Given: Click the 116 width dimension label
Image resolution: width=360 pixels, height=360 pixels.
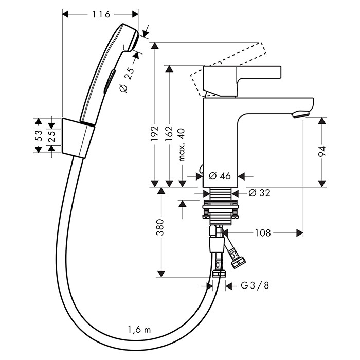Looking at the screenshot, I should point(101,14).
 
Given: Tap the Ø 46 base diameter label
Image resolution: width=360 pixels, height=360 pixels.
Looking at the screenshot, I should point(220,176).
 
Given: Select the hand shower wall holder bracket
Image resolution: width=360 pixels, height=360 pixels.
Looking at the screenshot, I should point(78,137).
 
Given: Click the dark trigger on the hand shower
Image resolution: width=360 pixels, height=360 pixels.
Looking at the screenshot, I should point(109,82).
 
